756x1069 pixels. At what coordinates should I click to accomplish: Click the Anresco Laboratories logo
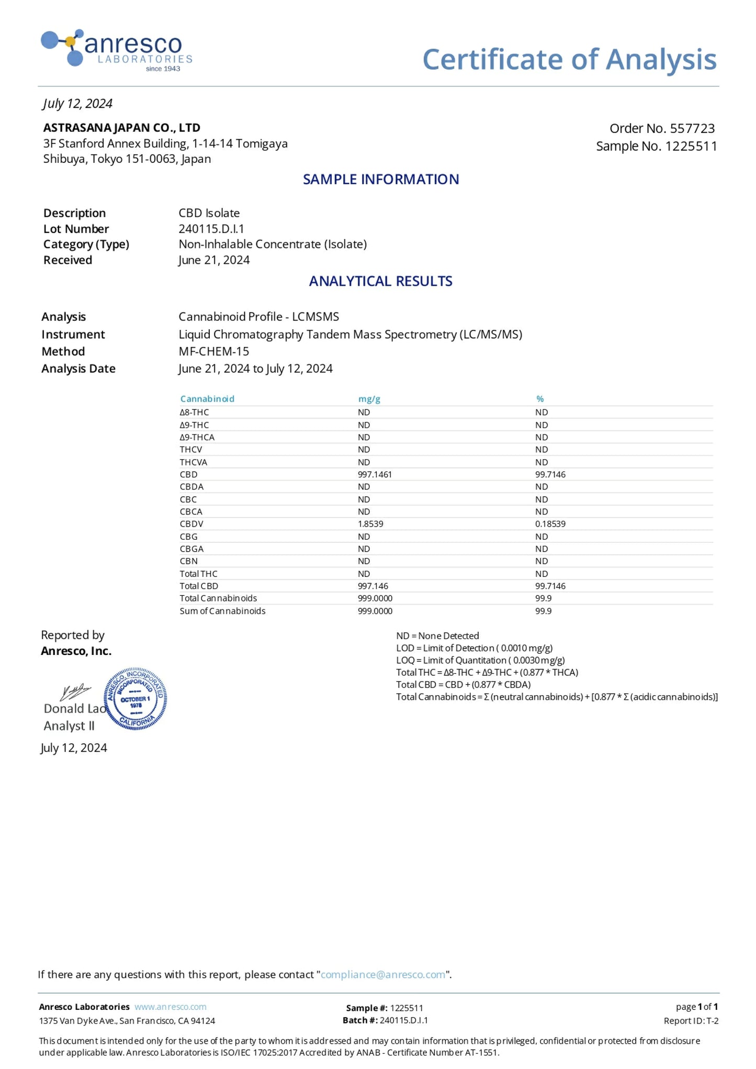[x=117, y=50]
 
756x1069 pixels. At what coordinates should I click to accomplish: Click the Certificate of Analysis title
[x=569, y=59]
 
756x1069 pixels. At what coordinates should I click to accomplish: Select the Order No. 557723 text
[x=662, y=128]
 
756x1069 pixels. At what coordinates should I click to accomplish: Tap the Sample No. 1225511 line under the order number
[x=656, y=146]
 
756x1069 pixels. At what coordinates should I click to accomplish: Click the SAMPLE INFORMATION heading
[x=380, y=180]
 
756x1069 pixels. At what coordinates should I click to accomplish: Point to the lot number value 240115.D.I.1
[x=211, y=229]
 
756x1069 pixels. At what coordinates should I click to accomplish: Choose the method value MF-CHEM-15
[x=213, y=351]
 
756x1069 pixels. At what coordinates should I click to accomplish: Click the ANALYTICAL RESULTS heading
[x=380, y=281]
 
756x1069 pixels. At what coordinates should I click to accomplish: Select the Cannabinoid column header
[x=207, y=399]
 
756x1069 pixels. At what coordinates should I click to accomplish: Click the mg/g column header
[x=369, y=399]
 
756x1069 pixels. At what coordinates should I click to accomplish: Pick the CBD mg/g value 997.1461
[x=375, y=474]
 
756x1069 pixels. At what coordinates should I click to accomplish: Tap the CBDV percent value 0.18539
[x=550, y=524]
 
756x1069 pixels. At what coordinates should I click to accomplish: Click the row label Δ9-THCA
[x=197, y=437]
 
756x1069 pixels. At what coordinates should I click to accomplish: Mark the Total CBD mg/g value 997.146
[x=373, y=586]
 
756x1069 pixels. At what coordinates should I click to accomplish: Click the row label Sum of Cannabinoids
[x=222, y=611]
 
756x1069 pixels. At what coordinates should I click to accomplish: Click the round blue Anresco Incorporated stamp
[x=136, y=699]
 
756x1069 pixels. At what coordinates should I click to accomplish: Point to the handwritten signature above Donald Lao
[x=75, y=692]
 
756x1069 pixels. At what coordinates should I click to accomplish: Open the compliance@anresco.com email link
[x=382, y=975]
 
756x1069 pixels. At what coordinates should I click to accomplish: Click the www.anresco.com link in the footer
[x=170, y=1007]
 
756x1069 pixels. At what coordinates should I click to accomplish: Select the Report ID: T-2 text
[x=691, y=1021]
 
